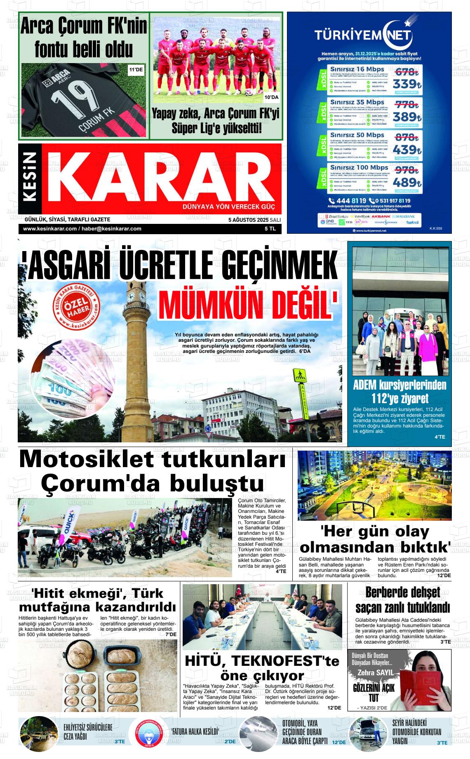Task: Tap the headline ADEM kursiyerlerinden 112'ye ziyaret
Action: tap(399, 392)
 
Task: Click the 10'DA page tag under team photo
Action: tap(271, 97)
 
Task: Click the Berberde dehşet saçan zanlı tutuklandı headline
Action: tap(402, 600)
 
